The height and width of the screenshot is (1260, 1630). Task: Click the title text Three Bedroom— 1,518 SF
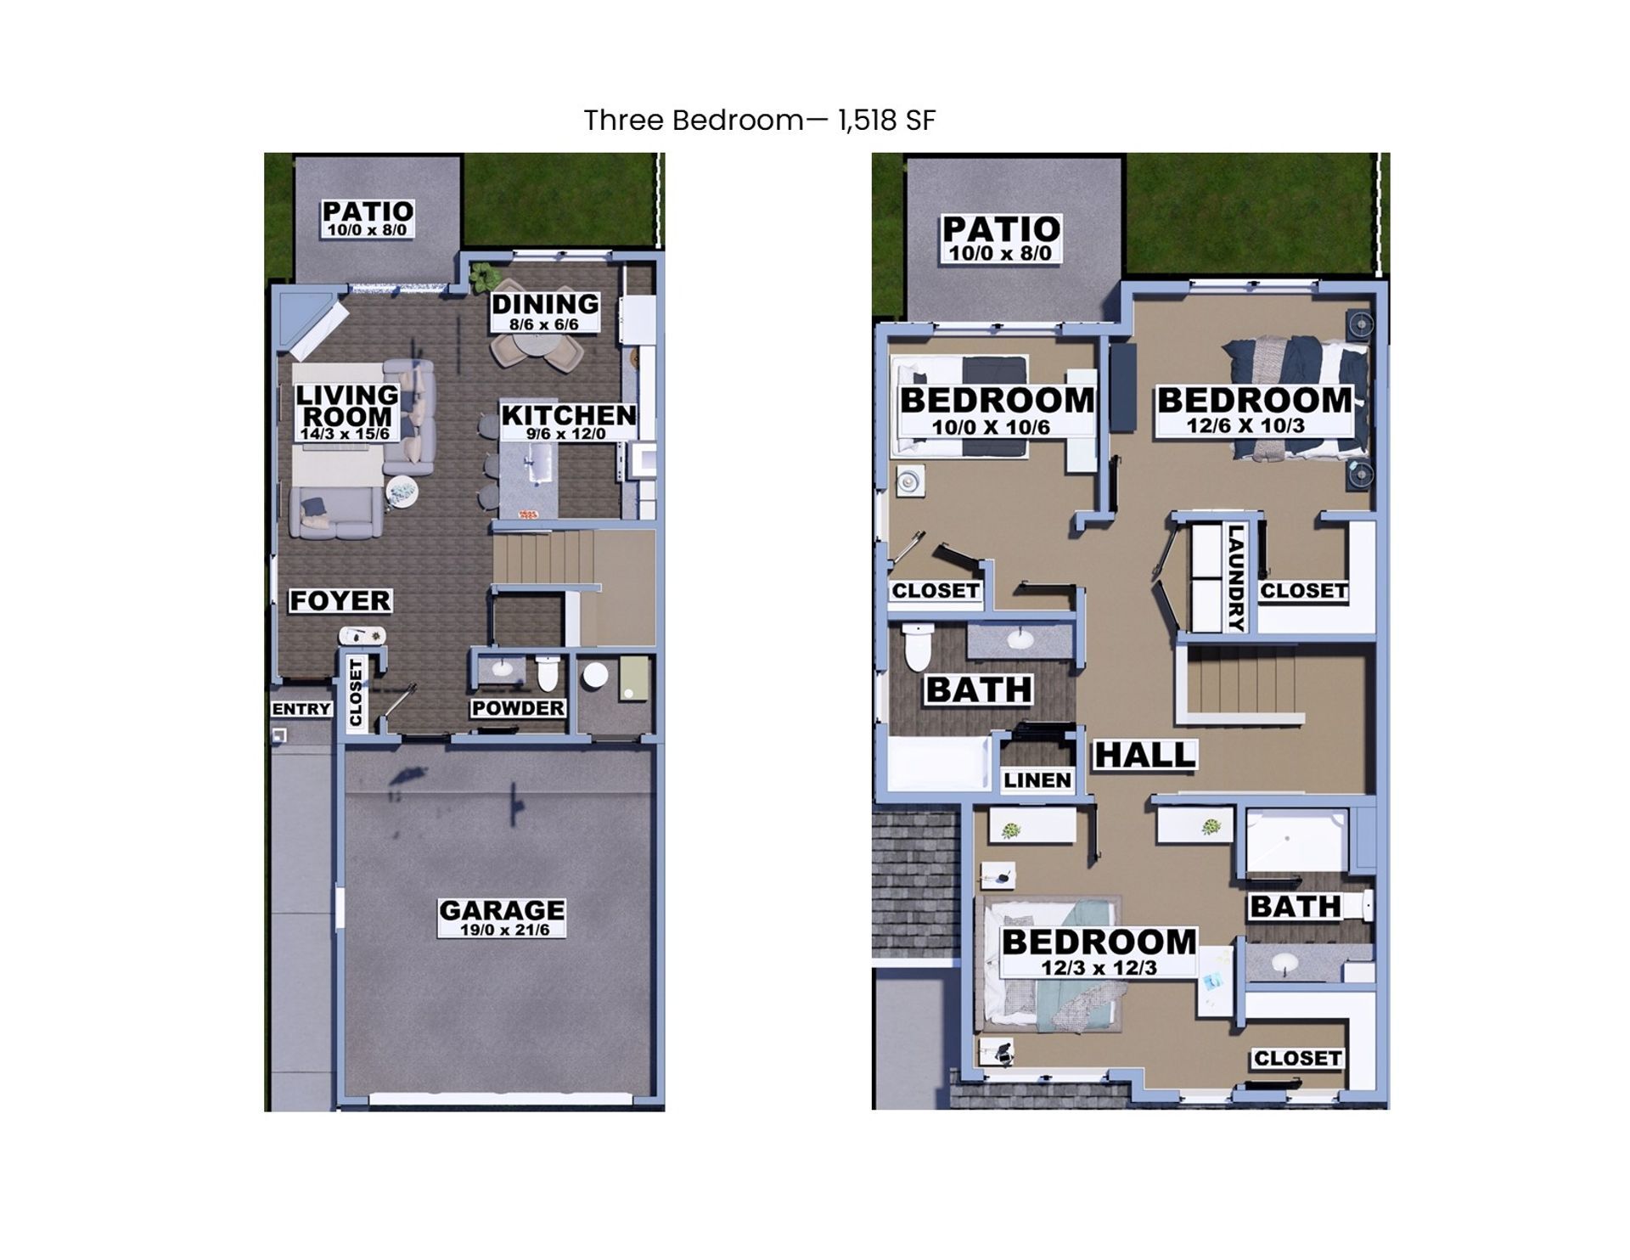click(759, 121)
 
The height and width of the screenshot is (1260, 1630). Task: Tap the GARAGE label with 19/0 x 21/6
click(501, 918)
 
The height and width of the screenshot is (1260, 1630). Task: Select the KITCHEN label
click(568, 421)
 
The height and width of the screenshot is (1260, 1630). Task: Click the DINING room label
click(544, 311)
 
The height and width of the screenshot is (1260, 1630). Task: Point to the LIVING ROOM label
click(346, 412)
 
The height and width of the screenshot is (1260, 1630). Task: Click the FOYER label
click(340, 601)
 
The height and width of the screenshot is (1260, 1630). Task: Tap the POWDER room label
click(518, 708)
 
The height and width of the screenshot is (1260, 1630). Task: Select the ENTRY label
click(301, 709)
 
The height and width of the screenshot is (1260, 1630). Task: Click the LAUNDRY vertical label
click(1235, 578)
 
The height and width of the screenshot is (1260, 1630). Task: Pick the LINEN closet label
click(1037, 780)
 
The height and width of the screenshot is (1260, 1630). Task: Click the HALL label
click(1144, 755)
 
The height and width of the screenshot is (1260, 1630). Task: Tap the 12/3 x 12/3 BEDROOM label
click(1099, 952)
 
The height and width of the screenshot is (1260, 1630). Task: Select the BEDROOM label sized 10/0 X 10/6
click(997, 410)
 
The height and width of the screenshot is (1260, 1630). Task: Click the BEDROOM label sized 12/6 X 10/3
click(1254, 410)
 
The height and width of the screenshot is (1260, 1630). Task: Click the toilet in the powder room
click(548, 674)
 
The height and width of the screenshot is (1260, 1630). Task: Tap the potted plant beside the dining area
click(483, 275)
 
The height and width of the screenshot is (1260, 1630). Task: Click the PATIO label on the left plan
click(367, 218)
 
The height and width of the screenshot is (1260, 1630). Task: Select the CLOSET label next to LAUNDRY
click(1303, 591)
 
